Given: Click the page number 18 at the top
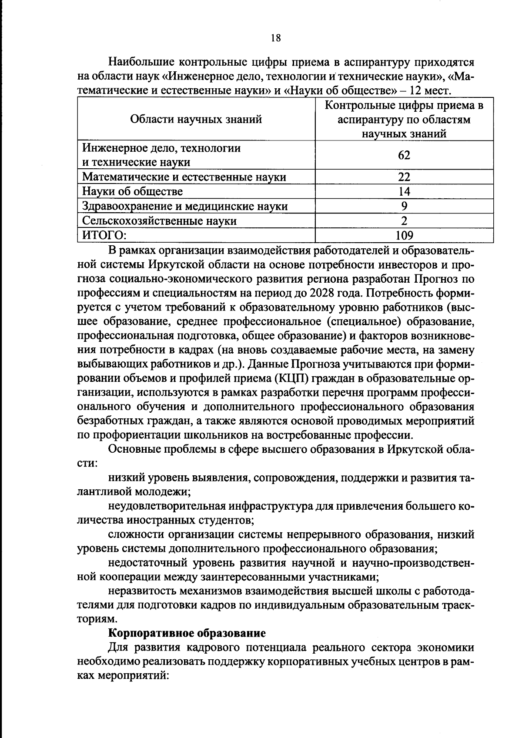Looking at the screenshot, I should coord(276,38).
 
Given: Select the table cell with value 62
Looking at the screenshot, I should coord(404,155).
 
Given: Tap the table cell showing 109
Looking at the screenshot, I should coord(404,236).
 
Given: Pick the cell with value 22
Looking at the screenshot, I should coord(404,177).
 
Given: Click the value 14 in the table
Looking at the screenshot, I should coord(404,191).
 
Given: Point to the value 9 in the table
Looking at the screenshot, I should coord(404,206).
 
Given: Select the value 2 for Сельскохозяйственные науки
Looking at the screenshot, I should coord(404,220).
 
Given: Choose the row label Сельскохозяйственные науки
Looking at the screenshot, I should coord(160,221).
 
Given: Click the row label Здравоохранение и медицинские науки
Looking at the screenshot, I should coord(185,206).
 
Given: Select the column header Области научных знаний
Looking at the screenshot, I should coord(196,119).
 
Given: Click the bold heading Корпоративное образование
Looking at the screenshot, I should coord(187,633).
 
